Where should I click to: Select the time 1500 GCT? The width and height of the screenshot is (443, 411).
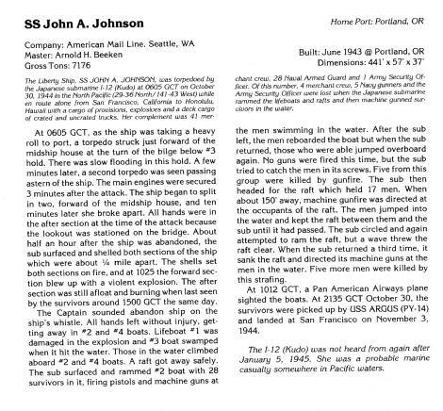pyautogui.click(x=116, y=312)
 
